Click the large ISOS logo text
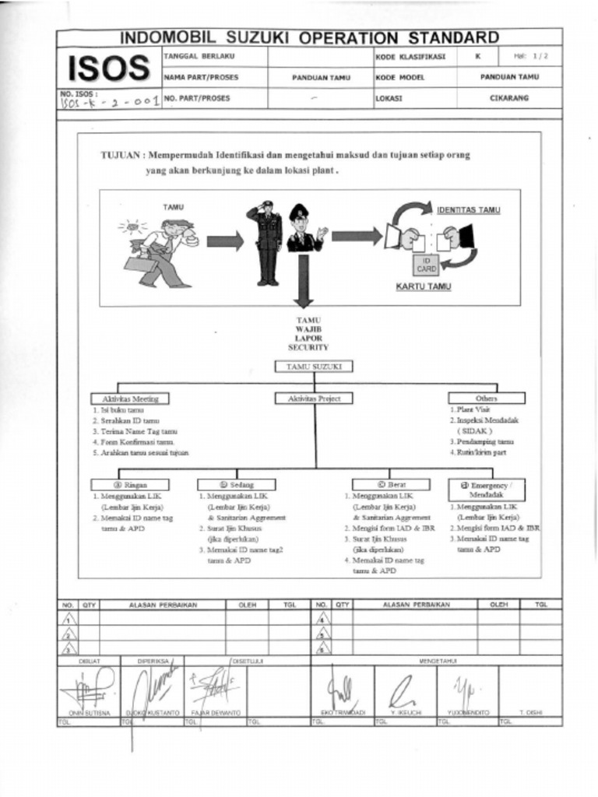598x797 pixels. pyautogui.click(x=108, y=68)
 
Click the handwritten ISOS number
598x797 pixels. pyautogui.click(x=109, y=102)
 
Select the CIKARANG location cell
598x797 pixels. pyautogui.click(x=508, y=99)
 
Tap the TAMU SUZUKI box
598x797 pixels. pyautogui.click(x=314, y=366)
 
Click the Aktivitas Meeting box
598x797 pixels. pyautogui.click(x=130, y=398)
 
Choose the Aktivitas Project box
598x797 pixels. pyautogui.click(x=315, y=398)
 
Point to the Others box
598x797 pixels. pyautogui.click(x=486, y=398)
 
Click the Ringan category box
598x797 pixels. pyautogui.click(x=130, y=484)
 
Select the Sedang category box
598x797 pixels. pyautogui.click(x=236, y=484)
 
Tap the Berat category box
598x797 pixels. pyautogui.click(x=391, y=484)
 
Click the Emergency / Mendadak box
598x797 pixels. pyautogui.click(x=486, y=489)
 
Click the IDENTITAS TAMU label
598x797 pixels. pyautogui.click(x=468, y=210)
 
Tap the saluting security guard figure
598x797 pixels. pyautogui.click(x=267, y=242)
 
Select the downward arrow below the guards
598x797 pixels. pyautogui.click(x=304, y=282)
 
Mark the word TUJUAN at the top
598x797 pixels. pyautogui.click(x=121, y=155)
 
